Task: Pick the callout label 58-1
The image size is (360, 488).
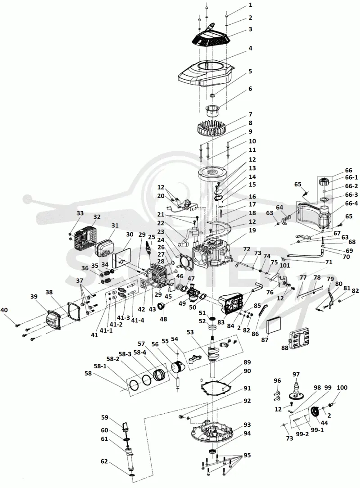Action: point(100,366)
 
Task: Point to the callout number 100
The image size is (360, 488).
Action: point(342,388)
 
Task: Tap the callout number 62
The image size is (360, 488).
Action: point(104,461)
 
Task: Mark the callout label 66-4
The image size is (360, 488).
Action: point(351,203)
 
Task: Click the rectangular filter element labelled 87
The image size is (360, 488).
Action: point(274,325)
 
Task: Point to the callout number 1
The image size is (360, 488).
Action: point(251,5)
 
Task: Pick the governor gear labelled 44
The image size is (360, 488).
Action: point(316,413)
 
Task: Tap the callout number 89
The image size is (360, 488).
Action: point(247,362)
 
